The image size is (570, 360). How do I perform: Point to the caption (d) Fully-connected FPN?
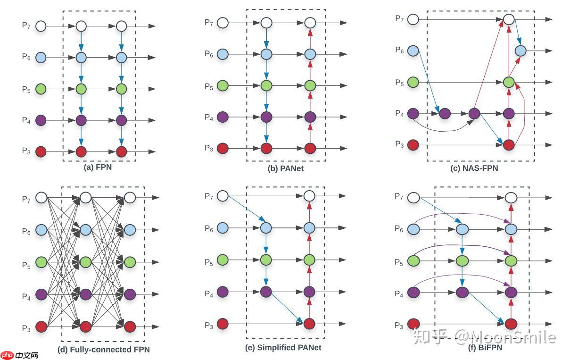103,350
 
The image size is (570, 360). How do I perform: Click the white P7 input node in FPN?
41,25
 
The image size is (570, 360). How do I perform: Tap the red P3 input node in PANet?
223,149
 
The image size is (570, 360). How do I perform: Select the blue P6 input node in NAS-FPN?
413,50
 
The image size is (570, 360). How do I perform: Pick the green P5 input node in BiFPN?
413,260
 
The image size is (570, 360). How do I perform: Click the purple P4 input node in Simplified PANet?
223,292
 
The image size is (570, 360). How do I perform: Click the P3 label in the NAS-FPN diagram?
399,144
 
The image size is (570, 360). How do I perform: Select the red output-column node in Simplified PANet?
309,324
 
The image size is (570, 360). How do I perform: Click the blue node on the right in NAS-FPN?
520,50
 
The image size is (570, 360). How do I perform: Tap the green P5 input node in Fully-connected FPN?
41,262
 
